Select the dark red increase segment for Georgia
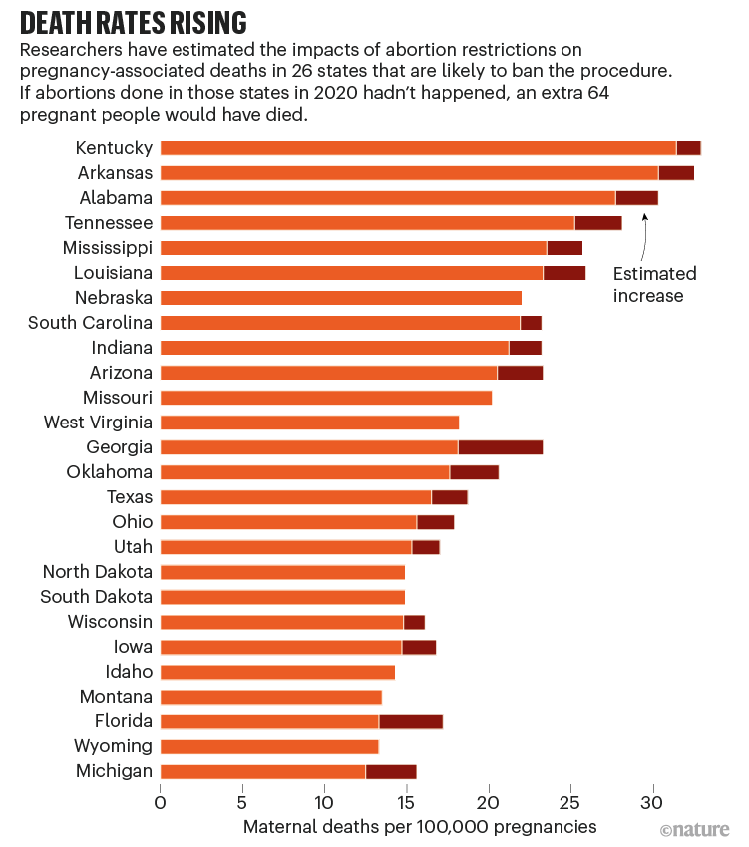tap(500, 447)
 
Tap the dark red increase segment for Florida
tap(410, 721)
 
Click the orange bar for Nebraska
tap(340, 297)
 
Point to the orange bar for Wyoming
tap(269, 746)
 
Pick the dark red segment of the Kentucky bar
tap(688, 147)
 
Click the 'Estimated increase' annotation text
tap(654, 284)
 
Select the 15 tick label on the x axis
tap(406, 802)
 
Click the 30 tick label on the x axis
tap(652, 802)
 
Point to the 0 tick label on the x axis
tap(160, 802)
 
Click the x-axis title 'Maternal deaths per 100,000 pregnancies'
tap(420, 827)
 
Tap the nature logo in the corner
tap(695, 829)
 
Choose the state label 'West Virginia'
tap(98, 423)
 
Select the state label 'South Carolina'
tap(90, 322)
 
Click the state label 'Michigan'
tap(114, 771)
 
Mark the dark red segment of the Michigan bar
tap(391, 771)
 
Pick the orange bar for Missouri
tap(325, 398)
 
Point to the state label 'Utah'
tap(134, 546)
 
